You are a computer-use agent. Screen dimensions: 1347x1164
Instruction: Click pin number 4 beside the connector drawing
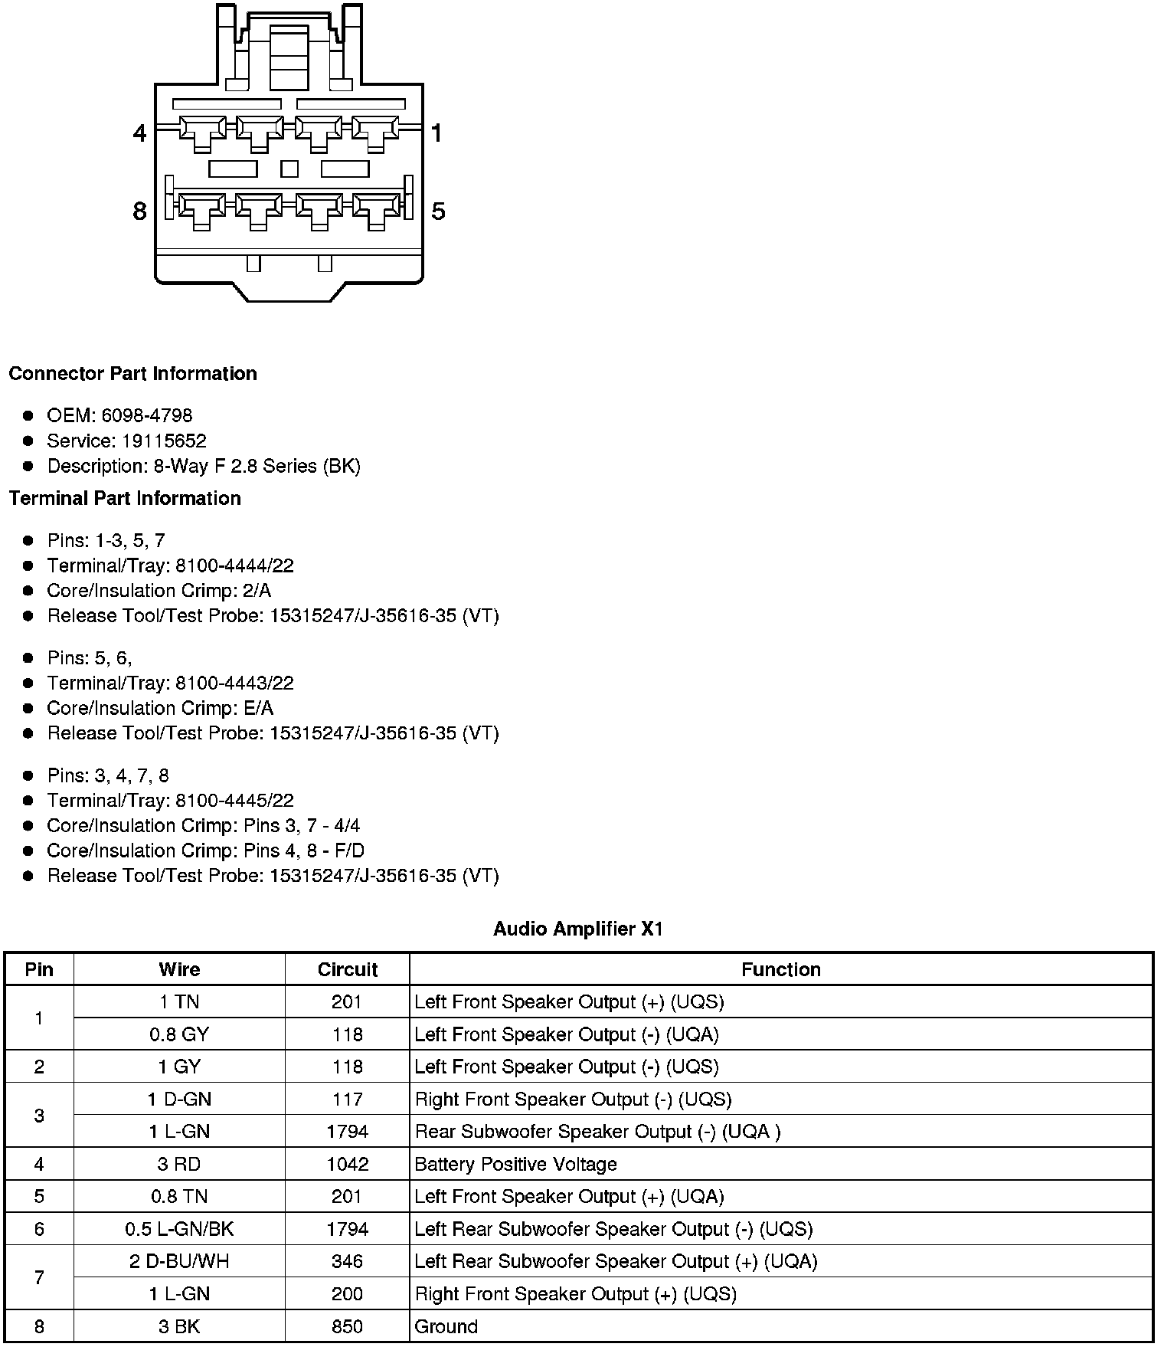139,133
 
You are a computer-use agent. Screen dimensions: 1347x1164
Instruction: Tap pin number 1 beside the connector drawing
436,133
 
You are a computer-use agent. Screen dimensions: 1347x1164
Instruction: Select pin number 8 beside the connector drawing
139,211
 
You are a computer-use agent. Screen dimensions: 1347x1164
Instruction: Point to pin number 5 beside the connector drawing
438,211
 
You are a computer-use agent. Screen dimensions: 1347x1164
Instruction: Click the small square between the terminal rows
289,168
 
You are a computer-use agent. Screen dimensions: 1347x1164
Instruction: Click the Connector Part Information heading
132,374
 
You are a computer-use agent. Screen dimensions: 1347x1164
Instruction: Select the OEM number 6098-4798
147,415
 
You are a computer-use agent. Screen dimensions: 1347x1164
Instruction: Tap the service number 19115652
164,441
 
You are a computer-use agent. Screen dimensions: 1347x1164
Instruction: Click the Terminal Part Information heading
125,499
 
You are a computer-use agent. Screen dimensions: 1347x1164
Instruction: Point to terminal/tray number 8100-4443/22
234,683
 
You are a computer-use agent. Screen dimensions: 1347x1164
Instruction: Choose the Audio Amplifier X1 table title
578,929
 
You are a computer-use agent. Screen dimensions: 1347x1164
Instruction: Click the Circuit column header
348,970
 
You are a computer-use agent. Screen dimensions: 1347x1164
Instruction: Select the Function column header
780,970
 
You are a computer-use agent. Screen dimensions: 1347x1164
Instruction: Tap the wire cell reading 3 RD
179,1165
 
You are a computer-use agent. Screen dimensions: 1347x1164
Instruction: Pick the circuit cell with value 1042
348,1165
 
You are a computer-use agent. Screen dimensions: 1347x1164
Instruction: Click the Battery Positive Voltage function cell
515,1165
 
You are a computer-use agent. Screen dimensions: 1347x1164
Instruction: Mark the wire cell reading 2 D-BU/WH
179,1261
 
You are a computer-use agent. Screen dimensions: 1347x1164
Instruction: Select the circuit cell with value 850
348,1326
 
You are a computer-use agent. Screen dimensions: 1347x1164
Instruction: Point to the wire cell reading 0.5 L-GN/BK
179,1229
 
